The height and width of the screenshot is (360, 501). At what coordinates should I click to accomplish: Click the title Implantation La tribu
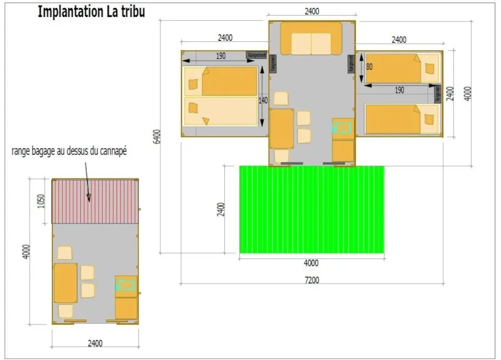(x=91, y=12)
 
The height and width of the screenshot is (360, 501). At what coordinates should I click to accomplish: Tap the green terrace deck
(x=312, y=209)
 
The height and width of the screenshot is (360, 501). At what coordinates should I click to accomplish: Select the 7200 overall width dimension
(x=311, y=280)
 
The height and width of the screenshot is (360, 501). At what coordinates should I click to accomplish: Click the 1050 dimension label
(x=41, y=200)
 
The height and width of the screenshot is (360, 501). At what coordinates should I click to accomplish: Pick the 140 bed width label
(x=263, y=100)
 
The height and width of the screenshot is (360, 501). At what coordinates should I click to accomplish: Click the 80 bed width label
(x=369, y=66)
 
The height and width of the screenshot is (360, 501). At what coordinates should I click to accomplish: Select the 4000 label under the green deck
(x=311, y=263)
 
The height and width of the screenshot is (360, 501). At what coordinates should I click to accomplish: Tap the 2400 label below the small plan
(x=95, y=343)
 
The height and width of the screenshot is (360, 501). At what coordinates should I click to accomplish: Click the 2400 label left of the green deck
(x=220, y=210)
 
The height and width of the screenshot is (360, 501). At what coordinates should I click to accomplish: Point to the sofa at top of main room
(x=311, y=39)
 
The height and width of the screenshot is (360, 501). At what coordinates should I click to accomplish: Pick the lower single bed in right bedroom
(x=400, y=118)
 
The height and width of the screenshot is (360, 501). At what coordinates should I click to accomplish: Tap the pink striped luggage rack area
(x=95, y=201)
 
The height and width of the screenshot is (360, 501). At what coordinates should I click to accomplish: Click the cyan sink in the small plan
(x=125, y=285)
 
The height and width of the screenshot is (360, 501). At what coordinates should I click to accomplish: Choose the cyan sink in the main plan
(x=342, y=128)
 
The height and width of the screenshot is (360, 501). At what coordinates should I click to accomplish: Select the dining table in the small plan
(x=66, y=283)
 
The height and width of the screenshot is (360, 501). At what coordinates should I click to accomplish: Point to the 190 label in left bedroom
(x=220, y=56)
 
